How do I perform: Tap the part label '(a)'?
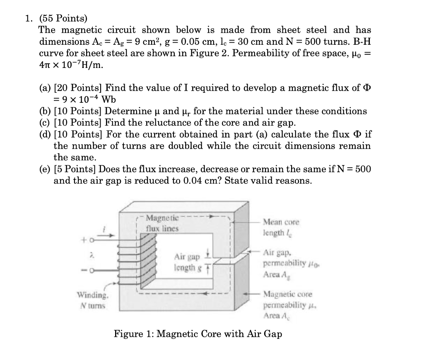coord(46,88)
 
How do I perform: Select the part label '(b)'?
coord(46,111)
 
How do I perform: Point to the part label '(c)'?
coord(46,123)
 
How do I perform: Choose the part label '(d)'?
coord(46,135)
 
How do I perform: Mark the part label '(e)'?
coord(46,169)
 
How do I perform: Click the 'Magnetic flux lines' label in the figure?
coord(162,222)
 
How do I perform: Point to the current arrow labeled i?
coord(104,234)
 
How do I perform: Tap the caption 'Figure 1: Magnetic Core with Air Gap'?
coord(198,333)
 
